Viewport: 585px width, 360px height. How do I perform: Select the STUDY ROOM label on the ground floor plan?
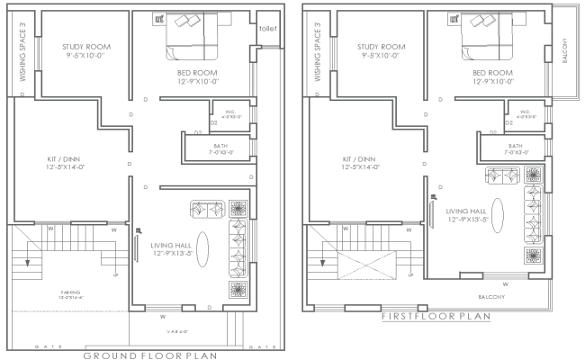tap(86, 48)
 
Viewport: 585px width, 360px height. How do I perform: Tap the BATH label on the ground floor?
tap(220, 146)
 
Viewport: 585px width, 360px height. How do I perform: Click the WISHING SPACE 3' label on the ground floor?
tap(22, 54)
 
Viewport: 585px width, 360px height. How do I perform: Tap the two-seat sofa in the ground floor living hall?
tap(209, 210)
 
